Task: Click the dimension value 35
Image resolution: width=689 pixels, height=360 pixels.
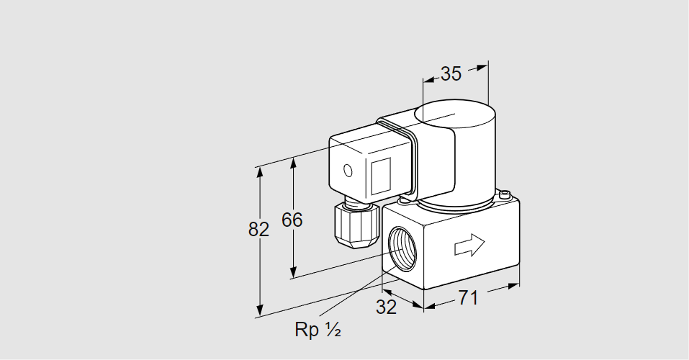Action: tap(451, 74)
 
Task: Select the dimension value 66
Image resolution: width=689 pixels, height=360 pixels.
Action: tap(292, 220)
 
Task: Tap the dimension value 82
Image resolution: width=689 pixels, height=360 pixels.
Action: tap(258, 230)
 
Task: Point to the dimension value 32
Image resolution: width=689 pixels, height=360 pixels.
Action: tap(386, 307)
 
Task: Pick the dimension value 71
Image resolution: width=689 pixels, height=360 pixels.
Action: tap(468, 298)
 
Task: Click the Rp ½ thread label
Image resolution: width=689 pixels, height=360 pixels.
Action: tap(318, 329)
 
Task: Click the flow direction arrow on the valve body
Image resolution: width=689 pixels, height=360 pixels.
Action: tap(469, 245)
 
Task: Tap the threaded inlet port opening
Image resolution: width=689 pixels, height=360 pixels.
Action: tap(402, 249)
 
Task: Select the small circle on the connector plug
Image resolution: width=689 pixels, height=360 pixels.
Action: tap(348, 171)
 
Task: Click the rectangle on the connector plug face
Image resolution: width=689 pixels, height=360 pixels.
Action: tap(381, 176)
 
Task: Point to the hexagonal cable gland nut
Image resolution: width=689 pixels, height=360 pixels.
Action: tap(356, 225)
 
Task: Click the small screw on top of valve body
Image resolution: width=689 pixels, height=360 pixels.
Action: tap(505, 194)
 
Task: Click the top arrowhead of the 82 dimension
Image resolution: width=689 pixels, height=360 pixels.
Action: tap(260, 172)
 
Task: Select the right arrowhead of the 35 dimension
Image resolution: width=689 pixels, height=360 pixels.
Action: tap(482, 67)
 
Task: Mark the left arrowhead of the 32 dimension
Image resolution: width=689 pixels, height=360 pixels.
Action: tap(387, 292)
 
